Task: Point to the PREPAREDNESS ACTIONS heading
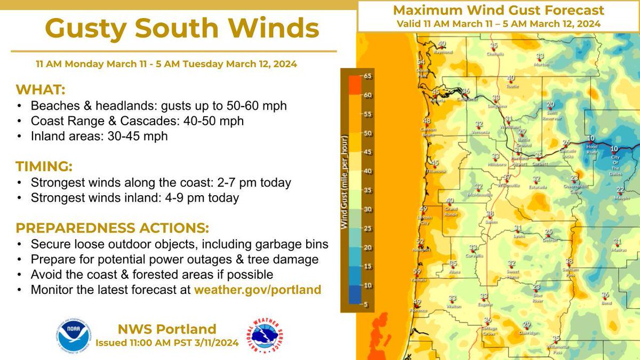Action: pos(112,228)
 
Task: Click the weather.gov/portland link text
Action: pos(258,290)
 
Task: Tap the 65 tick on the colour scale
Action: pos(367,76)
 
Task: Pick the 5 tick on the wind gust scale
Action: pos(367,305)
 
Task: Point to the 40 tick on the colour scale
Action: pos(367,171)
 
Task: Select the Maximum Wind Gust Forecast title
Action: pos(499,10)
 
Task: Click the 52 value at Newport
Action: pos(420,242)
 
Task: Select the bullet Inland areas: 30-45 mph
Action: pos(99,136)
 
